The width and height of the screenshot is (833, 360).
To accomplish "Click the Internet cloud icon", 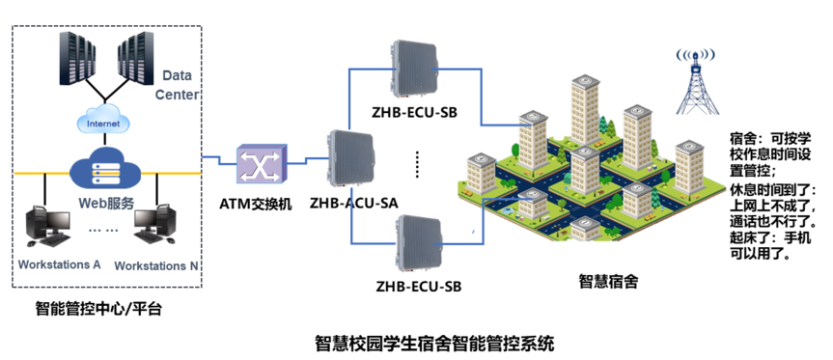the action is (x=103, y=123).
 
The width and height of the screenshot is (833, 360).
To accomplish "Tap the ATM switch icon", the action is (x=261, y=164).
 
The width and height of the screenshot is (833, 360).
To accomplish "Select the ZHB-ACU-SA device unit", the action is (x=349, y=159).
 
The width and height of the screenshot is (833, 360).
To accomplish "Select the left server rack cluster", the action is (x=77, y=59).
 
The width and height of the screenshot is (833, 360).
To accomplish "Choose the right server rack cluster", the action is (x=135, y=59).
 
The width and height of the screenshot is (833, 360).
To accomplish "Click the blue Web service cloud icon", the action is (x=104, y=166).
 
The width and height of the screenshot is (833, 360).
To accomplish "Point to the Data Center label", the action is (x=177, y=85).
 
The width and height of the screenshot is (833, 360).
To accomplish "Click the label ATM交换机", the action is (x=256, y=204).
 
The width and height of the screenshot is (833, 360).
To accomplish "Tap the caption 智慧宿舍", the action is (x=609, y=282).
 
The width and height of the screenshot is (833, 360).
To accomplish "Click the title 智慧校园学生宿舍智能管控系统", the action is (x=434, y=344).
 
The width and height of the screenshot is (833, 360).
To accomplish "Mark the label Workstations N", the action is (x=156, y=265).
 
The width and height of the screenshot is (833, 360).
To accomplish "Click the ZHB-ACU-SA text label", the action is (x=354, y=204).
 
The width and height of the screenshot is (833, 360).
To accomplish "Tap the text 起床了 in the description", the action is (x=748, y=239).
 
